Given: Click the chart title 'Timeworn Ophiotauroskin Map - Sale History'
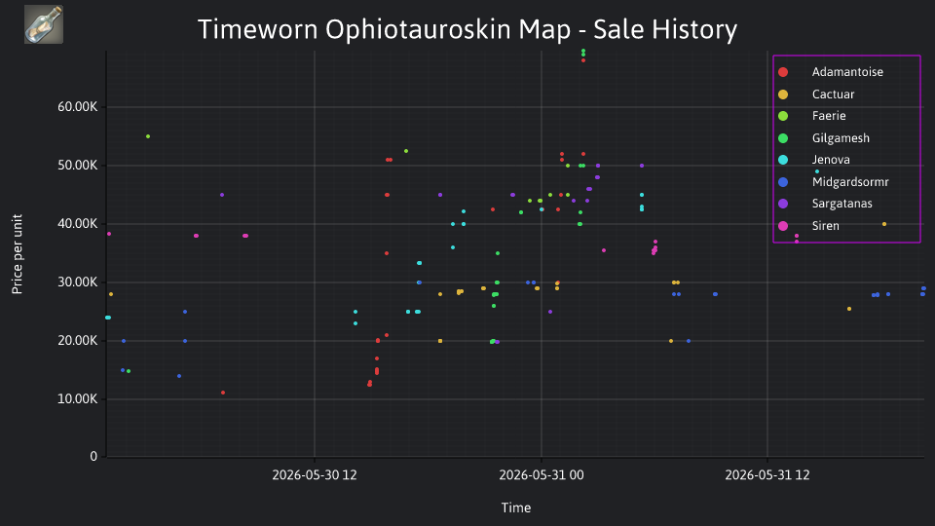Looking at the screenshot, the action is click(467, 29).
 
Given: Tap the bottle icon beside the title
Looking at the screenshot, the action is click(44, 24).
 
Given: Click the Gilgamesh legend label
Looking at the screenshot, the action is click(841, 138).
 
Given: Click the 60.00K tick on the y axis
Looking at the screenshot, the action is click(78, 107).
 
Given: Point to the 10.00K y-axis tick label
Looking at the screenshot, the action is click(78, 399).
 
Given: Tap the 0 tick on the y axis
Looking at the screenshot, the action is click(93, 457).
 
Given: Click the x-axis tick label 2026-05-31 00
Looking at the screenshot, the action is click(542, 475).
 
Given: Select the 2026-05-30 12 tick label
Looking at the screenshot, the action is click(315, 475).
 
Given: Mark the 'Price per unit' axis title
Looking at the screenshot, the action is click(18, 254).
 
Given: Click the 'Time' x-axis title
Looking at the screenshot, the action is click(516, 508).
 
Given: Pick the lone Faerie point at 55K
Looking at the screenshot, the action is click(148, 136).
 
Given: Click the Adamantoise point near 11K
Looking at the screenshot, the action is click(223, 393).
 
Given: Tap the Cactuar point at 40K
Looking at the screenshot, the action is click(884, 224).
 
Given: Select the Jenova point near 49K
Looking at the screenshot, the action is click(817, 171).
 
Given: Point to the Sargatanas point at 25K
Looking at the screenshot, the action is click(549, 312).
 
